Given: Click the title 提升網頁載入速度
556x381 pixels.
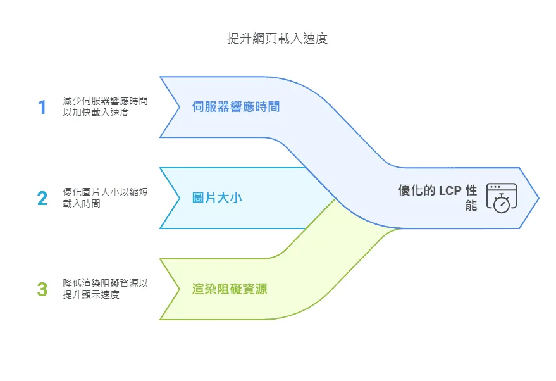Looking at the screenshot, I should (x=277, y=39).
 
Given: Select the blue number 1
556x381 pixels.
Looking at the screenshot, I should (x=42, y=107).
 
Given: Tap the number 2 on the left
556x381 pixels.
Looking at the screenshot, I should (x=42, y=198).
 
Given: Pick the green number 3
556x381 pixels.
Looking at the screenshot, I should (x=42, y=289).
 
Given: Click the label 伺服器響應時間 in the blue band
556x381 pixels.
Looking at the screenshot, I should (x=236, y=107).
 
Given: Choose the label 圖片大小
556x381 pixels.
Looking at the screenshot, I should (x=217, y=198).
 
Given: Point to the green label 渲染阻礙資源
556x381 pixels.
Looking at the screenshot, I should (x=230, y=289).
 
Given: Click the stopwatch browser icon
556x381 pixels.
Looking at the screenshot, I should (x=501, y=198).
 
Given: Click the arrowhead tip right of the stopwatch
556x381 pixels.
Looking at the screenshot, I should (x=536, y=198).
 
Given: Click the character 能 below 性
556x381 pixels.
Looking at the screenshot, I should (x=471, y=205).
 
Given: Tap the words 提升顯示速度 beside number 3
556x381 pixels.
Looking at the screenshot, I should (x=91, y=295).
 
